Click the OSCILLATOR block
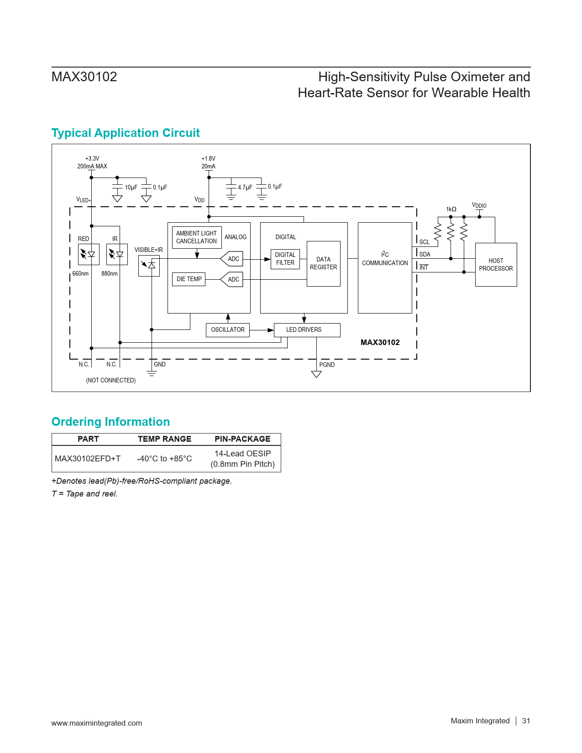click(x=228, y=329)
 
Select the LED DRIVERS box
click(x=307, y=329)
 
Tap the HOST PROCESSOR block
click(x=496, y=264)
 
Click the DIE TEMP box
click(x=189, y=279)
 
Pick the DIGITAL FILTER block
click(x=285, y=259)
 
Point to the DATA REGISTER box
click(x=324, y=263)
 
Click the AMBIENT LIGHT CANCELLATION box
click(x=197, y=237)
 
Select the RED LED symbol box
click(x=89, y=254)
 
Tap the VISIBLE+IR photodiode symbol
click(x=149, y=266)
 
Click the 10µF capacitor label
click(x=131, y=187)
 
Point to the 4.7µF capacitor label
click(x=245, y=187)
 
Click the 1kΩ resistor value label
click(x=451, y=209)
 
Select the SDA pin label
click(x=425, y=254)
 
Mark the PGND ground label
click(x=327, y=365)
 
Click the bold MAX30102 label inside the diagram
click(x=380, y=342)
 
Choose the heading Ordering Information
click(x=110, y=421)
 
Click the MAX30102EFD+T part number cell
click(x=88, y=459)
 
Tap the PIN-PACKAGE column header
click(x=242, y=439)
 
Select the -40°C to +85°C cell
click(x=164, y=459)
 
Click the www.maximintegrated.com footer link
click(x=97, y=723)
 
